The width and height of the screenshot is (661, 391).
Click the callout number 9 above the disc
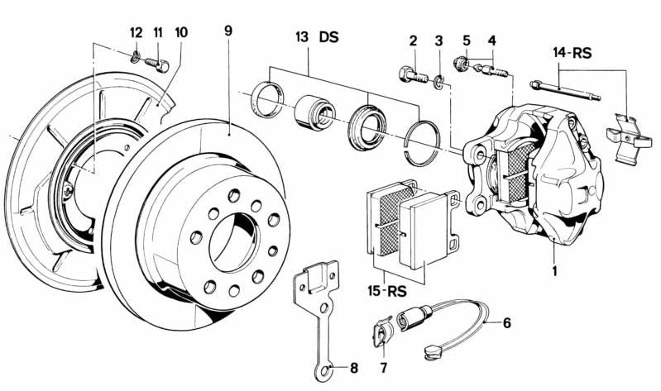click(228, 31)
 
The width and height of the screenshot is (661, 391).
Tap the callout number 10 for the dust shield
click(181, 32)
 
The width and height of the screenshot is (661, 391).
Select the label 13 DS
click(317, 37)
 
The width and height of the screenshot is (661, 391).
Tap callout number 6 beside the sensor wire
click(506, 322)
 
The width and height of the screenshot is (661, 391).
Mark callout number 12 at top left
click(136, 32)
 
